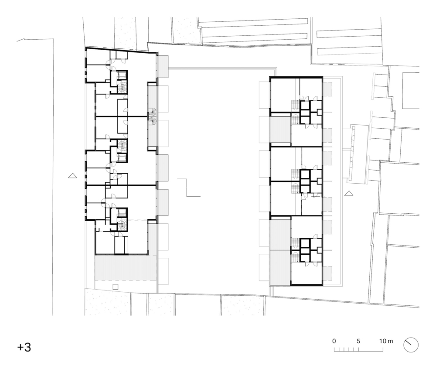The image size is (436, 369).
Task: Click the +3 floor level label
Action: (x=24, y=347)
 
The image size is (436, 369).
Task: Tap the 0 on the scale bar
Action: (x=334, y=341)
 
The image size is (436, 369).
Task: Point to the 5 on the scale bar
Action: (x=358, y=341)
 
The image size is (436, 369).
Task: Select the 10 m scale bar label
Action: (x=386, y=341)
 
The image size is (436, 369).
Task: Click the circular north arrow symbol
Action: (x=411, y=345)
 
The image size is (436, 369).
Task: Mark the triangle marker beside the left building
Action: (x=72, y=175)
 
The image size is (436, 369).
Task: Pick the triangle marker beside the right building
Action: (x=349, y=193)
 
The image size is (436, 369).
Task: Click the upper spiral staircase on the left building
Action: (x=152, y=112)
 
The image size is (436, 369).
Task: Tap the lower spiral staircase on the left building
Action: (x=152, y=121)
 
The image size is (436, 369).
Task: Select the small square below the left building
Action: (x=116, y=287)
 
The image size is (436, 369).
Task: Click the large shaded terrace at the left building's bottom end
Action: (x=126, y=267)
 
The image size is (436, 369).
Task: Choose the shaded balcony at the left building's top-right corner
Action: (x=163, y=66)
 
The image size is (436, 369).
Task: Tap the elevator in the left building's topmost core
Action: (x=122, y=75)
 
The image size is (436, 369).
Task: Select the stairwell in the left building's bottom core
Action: (x=122, y=225)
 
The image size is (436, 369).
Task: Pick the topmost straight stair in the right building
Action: (x=295, y=106)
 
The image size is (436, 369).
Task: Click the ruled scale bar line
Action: (x=358, y=349)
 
